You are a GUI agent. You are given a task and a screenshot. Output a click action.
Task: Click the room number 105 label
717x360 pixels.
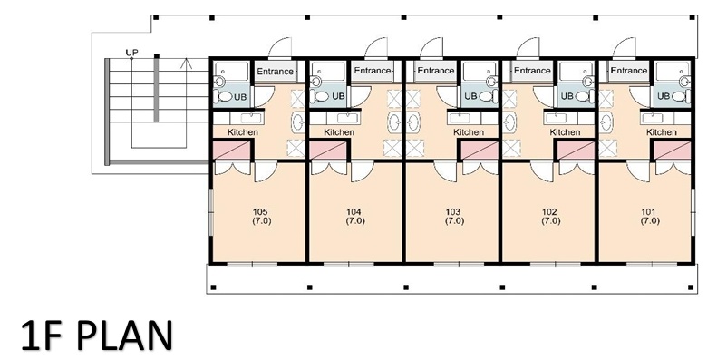point(260,212)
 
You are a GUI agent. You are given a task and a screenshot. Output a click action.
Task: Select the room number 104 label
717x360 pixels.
point(354,212)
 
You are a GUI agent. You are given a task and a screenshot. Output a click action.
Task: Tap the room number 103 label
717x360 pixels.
point(452,212)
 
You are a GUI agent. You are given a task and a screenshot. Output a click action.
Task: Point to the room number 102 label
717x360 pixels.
point(549,212)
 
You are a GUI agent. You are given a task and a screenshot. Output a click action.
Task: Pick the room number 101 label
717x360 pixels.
point(648,212)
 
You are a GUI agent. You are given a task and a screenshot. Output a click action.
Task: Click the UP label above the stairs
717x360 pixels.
point(131,53)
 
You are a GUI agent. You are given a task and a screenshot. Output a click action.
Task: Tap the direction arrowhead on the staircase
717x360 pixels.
point(186,63)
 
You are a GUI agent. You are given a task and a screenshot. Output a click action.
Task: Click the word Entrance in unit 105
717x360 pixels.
point(275,72)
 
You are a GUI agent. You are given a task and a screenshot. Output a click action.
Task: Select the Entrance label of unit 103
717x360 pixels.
point(435,71)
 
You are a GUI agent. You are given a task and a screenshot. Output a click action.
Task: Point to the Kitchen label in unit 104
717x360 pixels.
point(339,132)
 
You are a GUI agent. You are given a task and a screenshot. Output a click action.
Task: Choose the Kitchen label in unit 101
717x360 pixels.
point(661,132)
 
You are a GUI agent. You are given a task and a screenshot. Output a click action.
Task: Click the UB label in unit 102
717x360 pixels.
point(567,96)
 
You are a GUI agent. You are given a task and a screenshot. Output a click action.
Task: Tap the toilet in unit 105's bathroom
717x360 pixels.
point(224,96)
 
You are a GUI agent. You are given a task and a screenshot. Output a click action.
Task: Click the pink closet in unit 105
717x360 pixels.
point(232,151)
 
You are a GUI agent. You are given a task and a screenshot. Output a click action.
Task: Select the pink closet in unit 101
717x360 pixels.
point(673,151)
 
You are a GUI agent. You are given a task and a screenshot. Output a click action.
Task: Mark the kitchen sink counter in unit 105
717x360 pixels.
point(238,118)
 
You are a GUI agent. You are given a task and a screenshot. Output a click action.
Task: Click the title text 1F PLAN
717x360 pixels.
point(97,336)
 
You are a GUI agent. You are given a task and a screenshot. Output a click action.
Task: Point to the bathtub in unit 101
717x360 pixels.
point(673,71)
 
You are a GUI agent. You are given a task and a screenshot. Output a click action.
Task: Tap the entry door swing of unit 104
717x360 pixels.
point(376,48)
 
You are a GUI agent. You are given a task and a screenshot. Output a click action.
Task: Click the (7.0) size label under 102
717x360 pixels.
point(551,221)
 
